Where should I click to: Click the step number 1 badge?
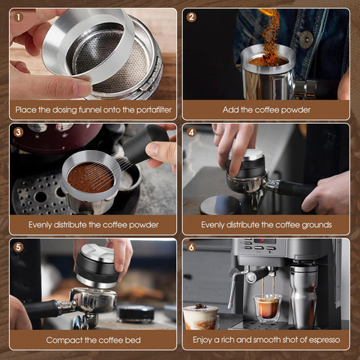[x=18, y=16]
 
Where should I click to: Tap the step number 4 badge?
[x=191, y=132]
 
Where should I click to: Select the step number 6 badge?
[x=191, y=247]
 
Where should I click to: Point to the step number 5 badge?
[x=18, y=247]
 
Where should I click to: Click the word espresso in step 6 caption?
[x=322, y=340]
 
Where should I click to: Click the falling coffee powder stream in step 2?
[x=269, y=30]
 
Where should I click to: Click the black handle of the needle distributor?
[x=142, y=144]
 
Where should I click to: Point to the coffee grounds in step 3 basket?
[x=90, y=177]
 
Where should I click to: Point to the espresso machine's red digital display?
[x=264, y=241]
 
